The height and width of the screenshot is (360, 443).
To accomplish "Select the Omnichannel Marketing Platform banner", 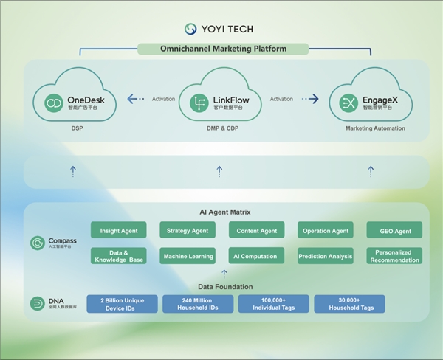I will pyautogui.click(x=223, y=49).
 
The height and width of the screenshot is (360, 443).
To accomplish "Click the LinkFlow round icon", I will pyautogui.click(x=199, y=103).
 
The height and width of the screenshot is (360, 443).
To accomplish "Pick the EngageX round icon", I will pyautogui.click(x=348, y=103).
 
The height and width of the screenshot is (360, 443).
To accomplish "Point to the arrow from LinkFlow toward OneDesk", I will pyautogui.click(x=135, y=99).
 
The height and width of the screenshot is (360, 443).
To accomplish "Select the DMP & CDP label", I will pyautogui.click(x=219, y=128).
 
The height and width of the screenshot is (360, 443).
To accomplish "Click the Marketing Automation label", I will pyautogui.click(x=375, y=128).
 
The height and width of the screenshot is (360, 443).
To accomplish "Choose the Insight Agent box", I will pyautogui.click(x=118, y=230).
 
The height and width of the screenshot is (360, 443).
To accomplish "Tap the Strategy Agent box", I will pyautogui.click(x=187, y=230).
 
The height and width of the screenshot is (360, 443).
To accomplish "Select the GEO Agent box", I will pyautogui.click(x=394, y=230).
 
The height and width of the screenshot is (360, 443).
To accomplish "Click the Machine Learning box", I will pyautogui.click(x=187, y=256).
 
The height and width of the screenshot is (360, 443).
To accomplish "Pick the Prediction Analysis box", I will pyautogui.click(x=326, y=256).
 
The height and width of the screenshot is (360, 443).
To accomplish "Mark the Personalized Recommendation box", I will pyautogui.click(x=394, y=256).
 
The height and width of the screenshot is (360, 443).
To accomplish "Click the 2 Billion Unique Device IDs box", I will pyautogui.click(x=122, y=304).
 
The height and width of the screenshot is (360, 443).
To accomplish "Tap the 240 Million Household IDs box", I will pyautogui.click(x=198, y=304).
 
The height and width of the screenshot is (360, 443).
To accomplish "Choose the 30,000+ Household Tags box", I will pyautogui.click(x=349, y=304).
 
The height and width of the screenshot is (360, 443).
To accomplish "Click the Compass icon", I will pyautogui.click(x=37, y=243).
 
